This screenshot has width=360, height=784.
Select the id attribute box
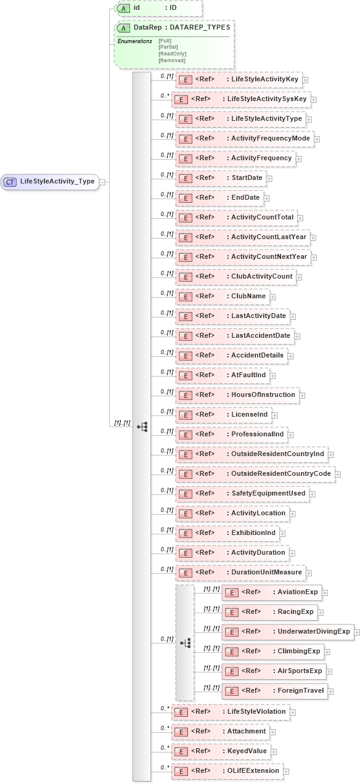tap(158, 8)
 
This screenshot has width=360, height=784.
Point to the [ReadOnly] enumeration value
tap(172, 54)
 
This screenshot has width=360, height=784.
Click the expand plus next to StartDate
tap(269, 178)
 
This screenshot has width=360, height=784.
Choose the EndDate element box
tap(219, 198)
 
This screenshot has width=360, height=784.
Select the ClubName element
tap(222, 296)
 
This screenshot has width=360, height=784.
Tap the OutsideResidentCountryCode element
tap(255, 474)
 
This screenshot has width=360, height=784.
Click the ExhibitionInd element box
tap(227, 533)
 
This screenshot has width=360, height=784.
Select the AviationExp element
tap(271, 592)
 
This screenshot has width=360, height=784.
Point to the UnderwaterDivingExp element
tap(287, 632)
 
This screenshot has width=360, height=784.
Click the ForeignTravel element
tap(274, 691)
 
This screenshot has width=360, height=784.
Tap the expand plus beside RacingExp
tap(321, 612)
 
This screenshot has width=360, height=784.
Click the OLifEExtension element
tap(226, 771)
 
